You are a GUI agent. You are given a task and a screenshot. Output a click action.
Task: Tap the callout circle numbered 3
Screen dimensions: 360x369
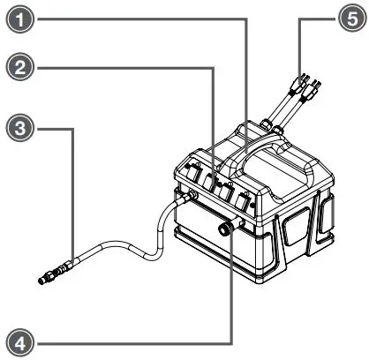point(15,129)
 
